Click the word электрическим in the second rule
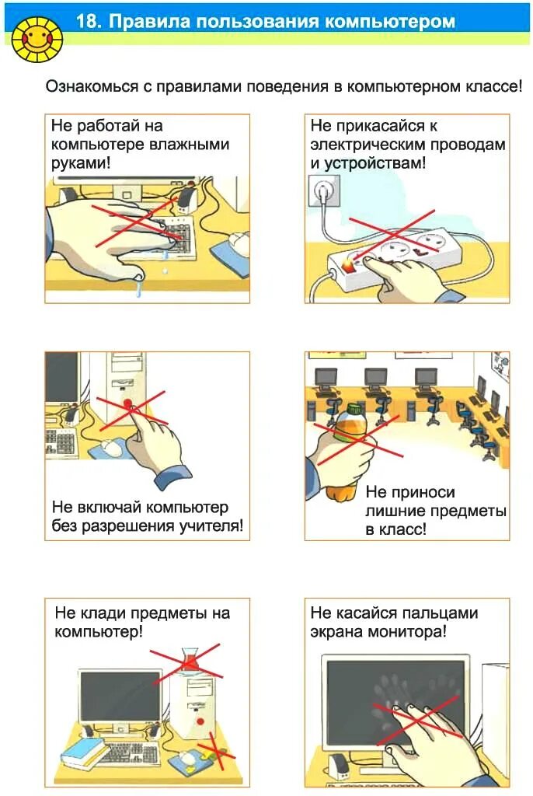tap(364, 145)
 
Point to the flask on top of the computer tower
tap(189, 661)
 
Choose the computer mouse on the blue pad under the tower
tap(187, 756)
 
